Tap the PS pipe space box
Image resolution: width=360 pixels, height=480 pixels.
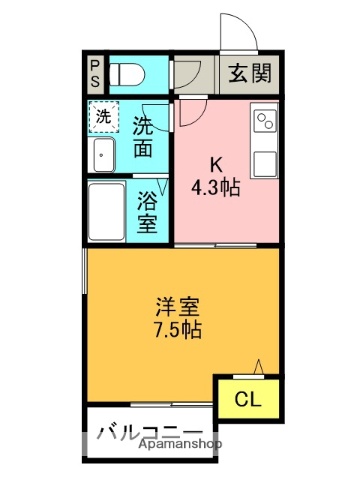click(94, 73)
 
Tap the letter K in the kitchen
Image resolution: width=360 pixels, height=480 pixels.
click(217, 166)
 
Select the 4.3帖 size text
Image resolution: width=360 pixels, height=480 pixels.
click(217, 186)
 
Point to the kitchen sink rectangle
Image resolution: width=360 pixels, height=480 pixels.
click(264, 162)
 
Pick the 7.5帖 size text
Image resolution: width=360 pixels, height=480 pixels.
click(177, 330)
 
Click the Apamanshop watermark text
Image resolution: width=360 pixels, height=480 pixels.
click(176, 443)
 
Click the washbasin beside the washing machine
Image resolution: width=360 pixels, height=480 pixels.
click(104, 155)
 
